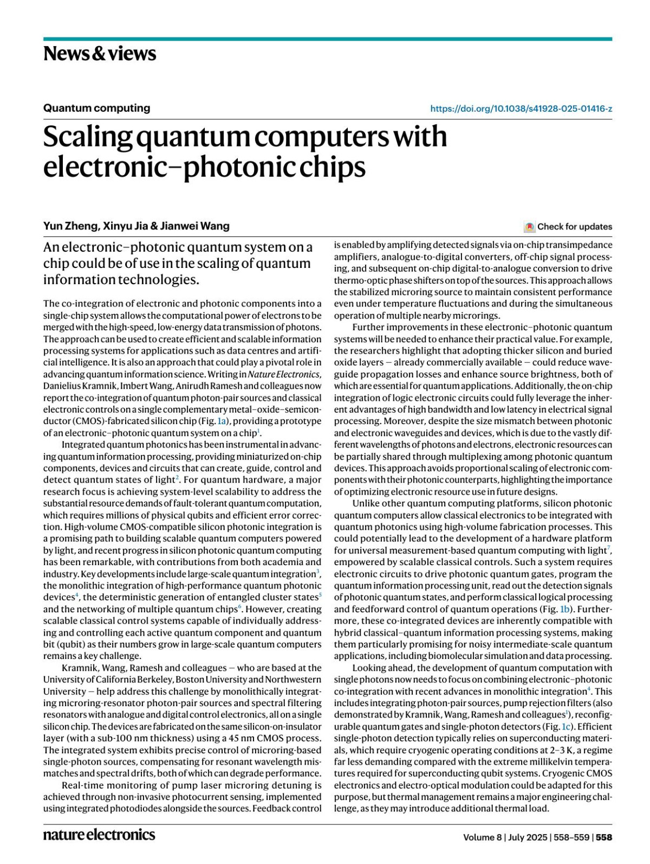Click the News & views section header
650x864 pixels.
tap(100, 54)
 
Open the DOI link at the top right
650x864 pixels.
tap(521, 108)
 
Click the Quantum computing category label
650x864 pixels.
tap(97, 108)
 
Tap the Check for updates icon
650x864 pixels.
tap(530, 227)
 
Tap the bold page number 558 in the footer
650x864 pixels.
tap(604, 837)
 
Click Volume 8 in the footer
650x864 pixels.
tap(482, 837)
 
